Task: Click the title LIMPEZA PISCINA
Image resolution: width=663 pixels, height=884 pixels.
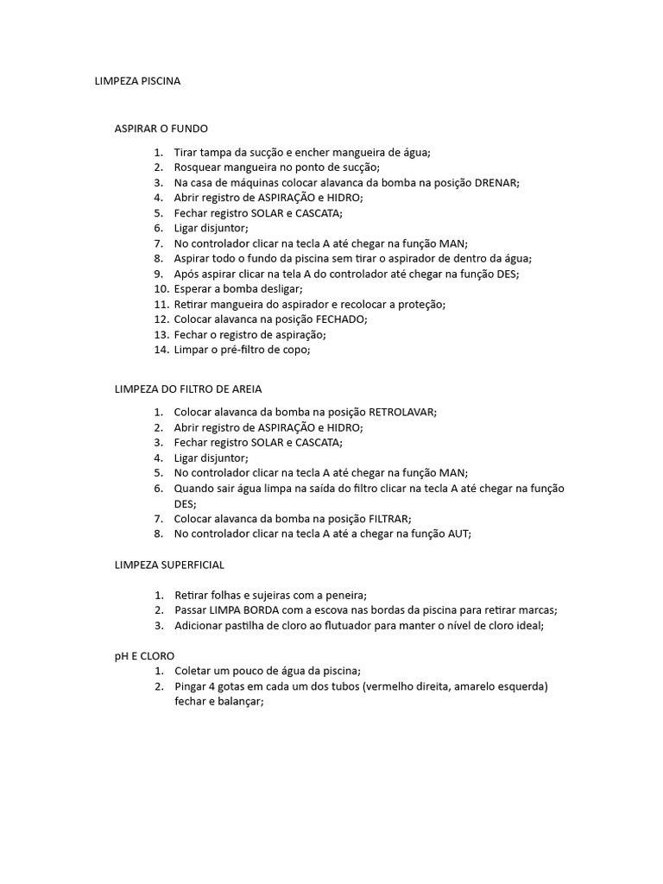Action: point(138,81)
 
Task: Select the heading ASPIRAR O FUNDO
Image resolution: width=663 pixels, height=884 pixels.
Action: point(161,129)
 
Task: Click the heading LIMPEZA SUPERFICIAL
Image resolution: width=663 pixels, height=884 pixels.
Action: point(169,565)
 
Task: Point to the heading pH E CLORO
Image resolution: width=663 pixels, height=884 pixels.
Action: point(144,656)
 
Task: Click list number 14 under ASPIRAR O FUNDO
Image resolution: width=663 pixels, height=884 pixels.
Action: point(161,350)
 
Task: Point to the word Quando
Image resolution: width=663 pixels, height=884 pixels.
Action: point(196,489)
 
